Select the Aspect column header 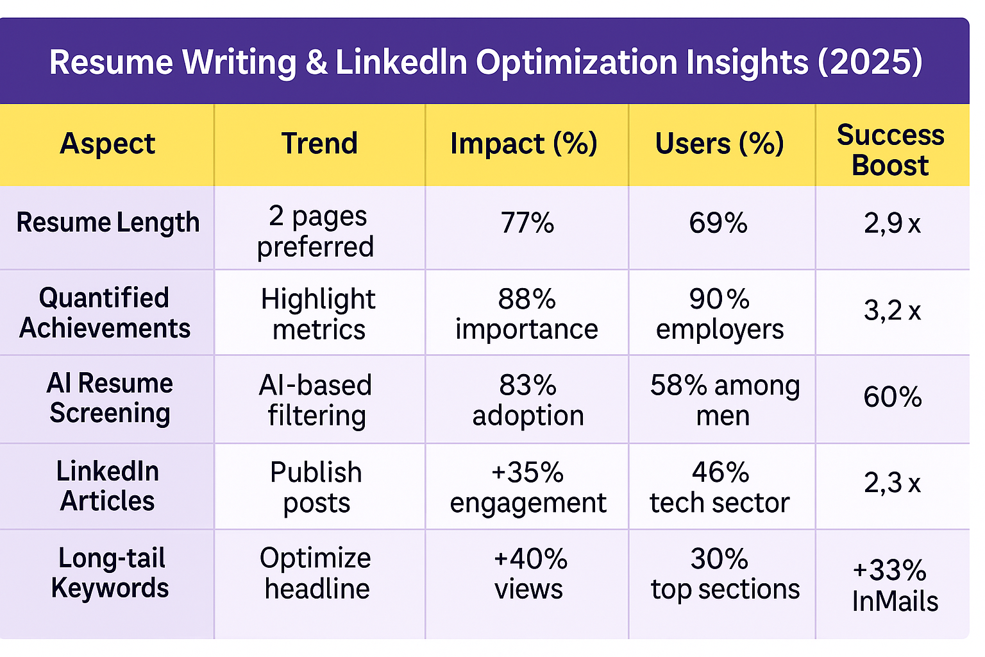107,143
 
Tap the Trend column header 319,143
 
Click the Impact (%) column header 524,143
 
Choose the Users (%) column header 720,143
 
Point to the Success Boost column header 890,150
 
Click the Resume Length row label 108,223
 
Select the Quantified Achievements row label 105,313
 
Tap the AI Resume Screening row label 110,398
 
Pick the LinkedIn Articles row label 107,486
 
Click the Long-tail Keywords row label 110,573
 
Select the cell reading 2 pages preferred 316,231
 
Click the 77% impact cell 527,223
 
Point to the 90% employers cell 720,314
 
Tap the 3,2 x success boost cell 892,311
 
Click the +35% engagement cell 528,488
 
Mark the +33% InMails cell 893,586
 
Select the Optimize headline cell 316,574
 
